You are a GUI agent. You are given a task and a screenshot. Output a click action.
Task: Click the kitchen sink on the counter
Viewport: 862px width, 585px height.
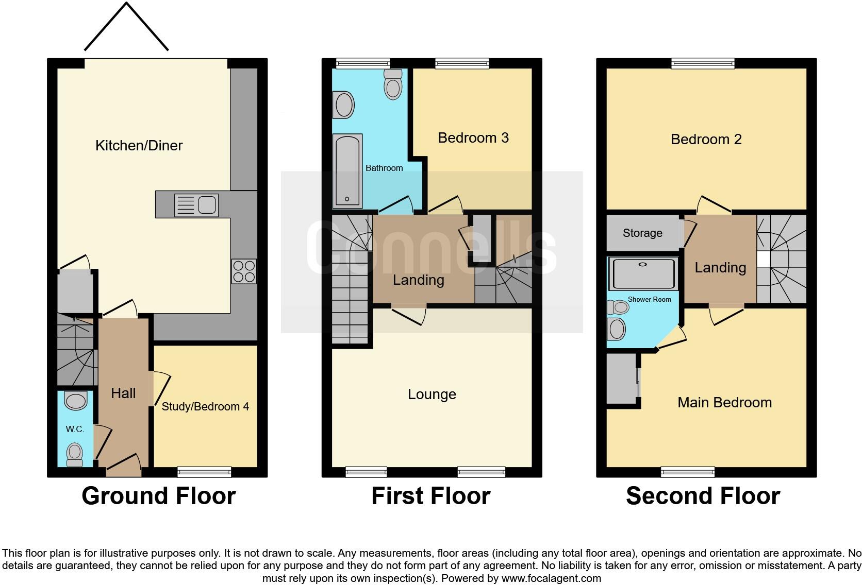click(x=196, y=205)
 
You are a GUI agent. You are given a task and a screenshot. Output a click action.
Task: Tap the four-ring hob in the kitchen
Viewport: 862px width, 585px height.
click(x=244, y=271)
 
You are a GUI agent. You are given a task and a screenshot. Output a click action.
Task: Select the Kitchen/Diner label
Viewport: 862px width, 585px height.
click(x=139, y=146)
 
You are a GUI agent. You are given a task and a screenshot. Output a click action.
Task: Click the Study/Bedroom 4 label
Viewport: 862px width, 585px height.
click(x=205, y=407)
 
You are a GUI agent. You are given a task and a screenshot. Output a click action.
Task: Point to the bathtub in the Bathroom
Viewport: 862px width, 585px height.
click(x=347, y=171)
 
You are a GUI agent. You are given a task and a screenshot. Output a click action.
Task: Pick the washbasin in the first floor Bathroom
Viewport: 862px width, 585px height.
click(x=344, y=105)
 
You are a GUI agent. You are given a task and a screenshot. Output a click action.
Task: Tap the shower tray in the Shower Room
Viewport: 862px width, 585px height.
click(x=642, y=274)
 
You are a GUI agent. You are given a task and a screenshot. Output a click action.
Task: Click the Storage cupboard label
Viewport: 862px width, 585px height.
click(x=642, y=233)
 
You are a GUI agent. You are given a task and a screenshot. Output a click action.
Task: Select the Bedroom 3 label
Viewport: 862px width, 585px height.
click(x=473, y=138)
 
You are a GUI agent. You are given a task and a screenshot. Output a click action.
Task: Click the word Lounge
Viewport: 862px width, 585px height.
click(x=432, y=394)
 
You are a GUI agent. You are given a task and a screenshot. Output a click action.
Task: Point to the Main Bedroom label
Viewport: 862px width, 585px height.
click(x=724, y=403)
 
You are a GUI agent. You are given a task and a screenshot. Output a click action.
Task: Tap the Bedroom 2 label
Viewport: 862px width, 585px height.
click(x=706, y=140)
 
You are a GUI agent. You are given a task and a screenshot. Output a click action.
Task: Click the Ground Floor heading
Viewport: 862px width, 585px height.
click(x=158, y=496)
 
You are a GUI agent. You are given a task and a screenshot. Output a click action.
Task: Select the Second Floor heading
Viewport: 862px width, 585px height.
click(x=703, y=496)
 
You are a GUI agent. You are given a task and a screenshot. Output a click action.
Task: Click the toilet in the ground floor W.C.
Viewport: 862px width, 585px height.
click(x=75, y=454)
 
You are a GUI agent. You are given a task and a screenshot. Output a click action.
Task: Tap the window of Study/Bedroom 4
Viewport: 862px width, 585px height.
click(x=204, y=472)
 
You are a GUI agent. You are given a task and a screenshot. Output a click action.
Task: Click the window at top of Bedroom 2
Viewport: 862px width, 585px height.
click(x=703, y=63)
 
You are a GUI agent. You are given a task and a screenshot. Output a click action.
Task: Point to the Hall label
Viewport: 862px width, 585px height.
click(x=123, y=393)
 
